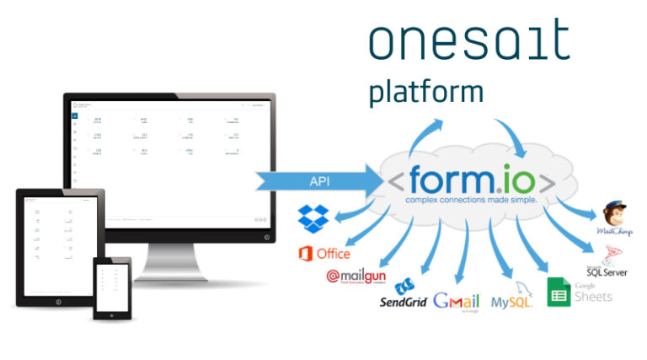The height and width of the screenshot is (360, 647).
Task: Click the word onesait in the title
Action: click(x=468, y=40)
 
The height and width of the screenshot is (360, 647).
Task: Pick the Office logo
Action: click(x=324, y=253)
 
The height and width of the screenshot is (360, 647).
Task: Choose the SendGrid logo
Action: click(x=404, y=295)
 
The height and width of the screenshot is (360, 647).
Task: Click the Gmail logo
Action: click(x=456, y=302)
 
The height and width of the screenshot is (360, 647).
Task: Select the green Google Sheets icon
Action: click(x=559, y=291)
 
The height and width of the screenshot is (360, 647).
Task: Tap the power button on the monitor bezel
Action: click(x=267, y=237)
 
